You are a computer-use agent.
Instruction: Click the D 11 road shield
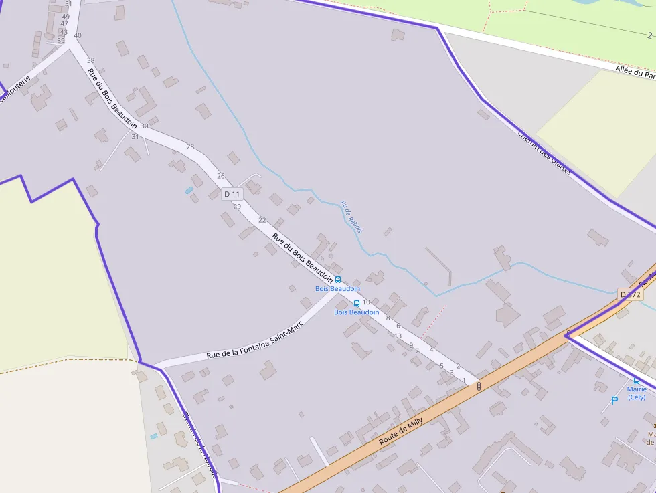tap(232, 194)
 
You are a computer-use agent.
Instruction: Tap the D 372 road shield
tap(630, 294)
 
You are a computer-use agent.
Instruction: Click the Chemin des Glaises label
tap(545, 153)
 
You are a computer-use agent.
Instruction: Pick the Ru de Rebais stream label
tap(351, 217)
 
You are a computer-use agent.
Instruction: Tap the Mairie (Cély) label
tap(637, 393)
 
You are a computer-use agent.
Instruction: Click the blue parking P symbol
tap(614, 401)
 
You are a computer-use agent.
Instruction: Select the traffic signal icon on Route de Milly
tap(479, 386)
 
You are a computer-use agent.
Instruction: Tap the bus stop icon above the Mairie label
tap(637, 380)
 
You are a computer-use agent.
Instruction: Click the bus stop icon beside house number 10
tap(356, 303)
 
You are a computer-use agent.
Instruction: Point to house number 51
tap(68, 4)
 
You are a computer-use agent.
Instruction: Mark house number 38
tap(91, 60)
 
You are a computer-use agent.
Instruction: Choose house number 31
tap(135, 136)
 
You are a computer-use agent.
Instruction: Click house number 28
tap(190, 146)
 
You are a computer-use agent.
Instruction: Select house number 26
tap(221, 176)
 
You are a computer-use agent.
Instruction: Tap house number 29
tap(237, 207)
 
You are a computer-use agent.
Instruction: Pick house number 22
tap(262, 220)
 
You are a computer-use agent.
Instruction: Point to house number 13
tap(398, 336)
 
